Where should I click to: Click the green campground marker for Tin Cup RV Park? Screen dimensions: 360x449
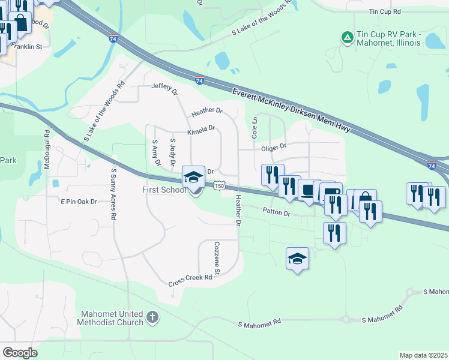347,38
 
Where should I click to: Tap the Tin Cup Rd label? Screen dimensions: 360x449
385,12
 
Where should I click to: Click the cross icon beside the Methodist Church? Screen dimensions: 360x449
152,317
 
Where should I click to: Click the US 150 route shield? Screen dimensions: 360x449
220,187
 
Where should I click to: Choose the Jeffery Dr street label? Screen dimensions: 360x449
165,89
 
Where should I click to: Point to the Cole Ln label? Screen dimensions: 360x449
254,128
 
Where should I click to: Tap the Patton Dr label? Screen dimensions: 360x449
277,212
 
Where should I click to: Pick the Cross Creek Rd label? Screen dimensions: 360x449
190,280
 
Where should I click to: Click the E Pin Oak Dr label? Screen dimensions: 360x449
79,202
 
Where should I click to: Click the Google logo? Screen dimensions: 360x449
20,353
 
